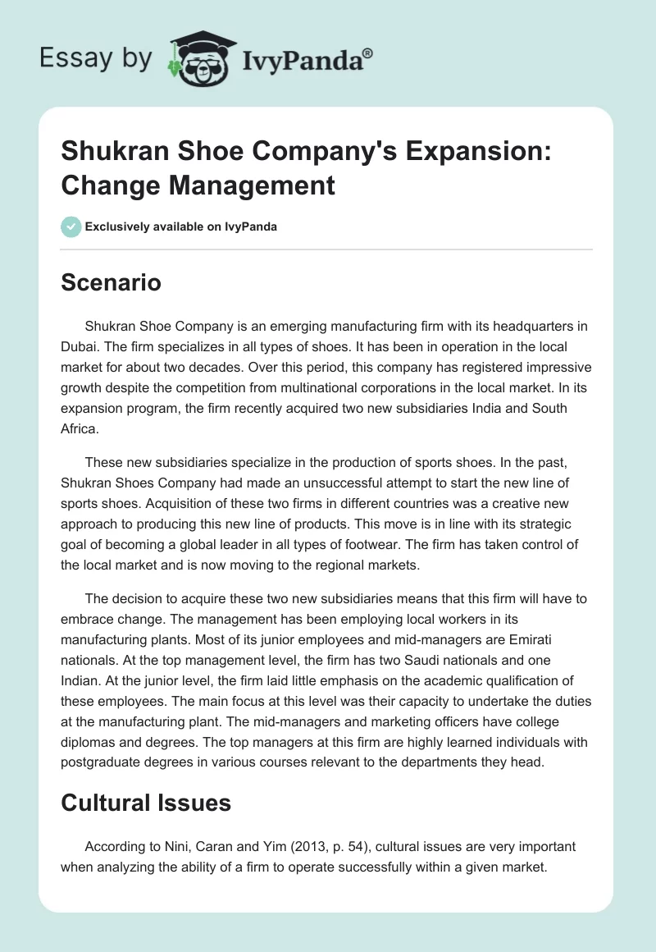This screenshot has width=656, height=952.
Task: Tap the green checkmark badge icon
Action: point(71,227)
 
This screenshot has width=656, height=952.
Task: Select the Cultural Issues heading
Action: point(146,803)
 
